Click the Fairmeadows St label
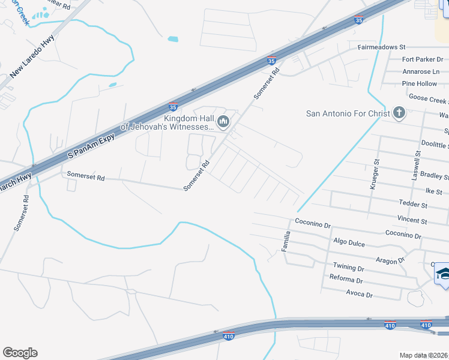click(x=382, y=47)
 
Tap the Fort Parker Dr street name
click(x=422, y=59)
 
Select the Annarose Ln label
click(x=421, y=71)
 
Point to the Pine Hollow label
click(x=420, y=84)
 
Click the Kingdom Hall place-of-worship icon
click(x=223, y=122)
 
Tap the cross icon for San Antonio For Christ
click(x=399, y=113)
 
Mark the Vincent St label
click(x=412, y=221)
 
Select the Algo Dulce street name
click(x=350, y=241)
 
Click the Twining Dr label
click(x=348, y=267)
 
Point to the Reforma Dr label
click(x=346, y=280)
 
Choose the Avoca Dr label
click(x=360, y=295)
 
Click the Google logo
click(x=20, y=353)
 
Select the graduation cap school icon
click(x=443, y=274)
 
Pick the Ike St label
click(x=433, y=191)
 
